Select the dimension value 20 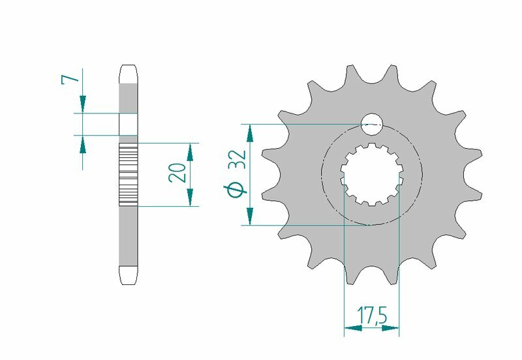point(176,173)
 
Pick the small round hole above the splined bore point(371,123)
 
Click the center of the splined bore point(371,175)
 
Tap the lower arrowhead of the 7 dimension point(83,144)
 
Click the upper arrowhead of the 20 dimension point(190,152)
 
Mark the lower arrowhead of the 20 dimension point(190,197)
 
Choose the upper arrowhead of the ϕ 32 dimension point(249,133)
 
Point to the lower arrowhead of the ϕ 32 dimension point(249,216)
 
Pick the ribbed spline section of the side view point(129,174)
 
